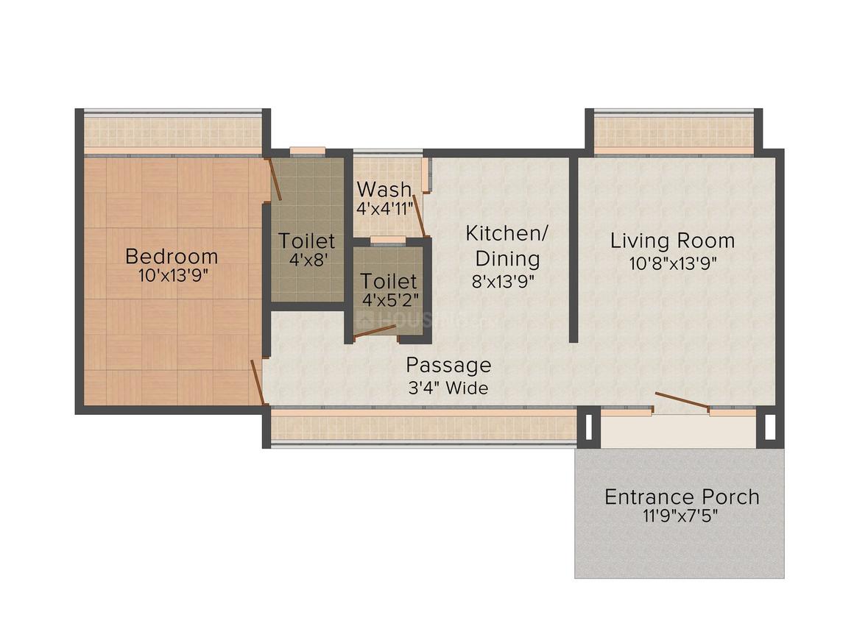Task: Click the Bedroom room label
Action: tap(172, 256)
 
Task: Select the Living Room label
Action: tap(672, 241)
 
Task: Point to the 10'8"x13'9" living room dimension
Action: tap(672, 262)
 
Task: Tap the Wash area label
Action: tap(384, 189)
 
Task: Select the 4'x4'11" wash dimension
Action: tap(384, 208)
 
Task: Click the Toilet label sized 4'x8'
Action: tap(306, 241)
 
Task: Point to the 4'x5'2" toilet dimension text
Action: tap(389, 300)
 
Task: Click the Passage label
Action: tap(448, 365)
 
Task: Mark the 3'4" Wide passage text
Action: tap(448, 388)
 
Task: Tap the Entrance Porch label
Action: tap(682, 497)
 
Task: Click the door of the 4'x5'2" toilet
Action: tap(375, 331)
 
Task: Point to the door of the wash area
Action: tap(418, 214)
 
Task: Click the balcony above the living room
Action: tap(673, 132)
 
